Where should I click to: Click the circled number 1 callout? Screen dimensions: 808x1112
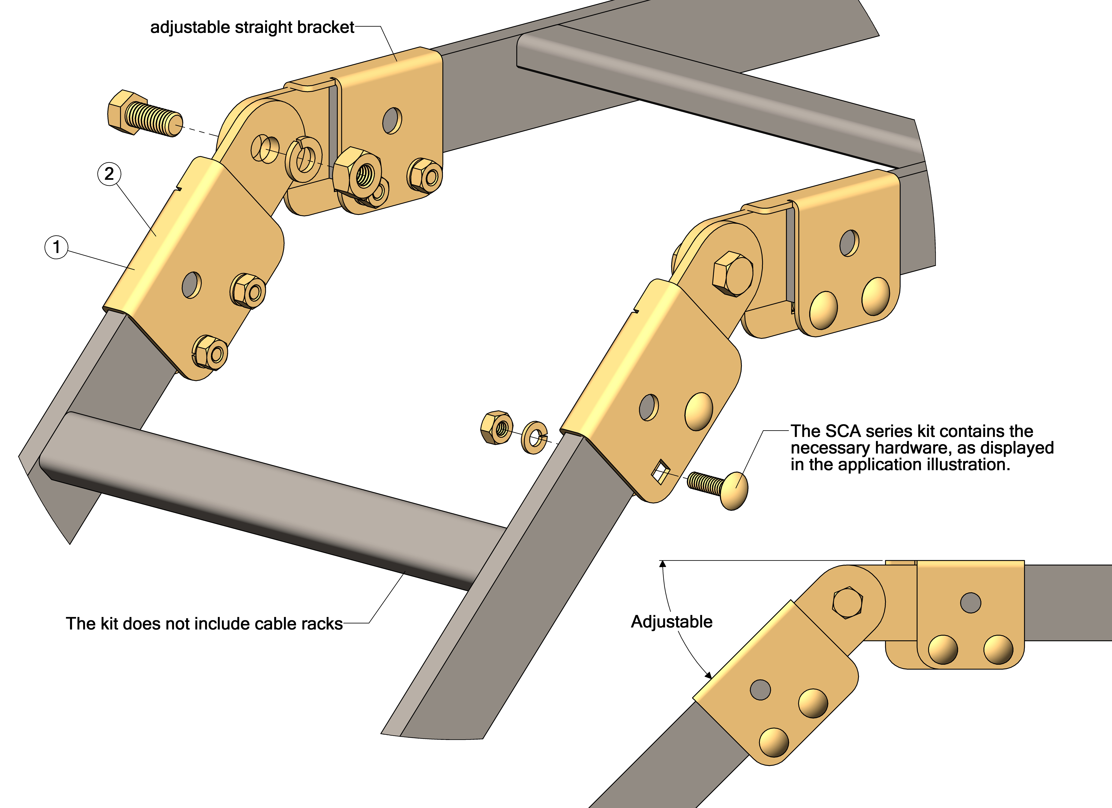click(x=56, y=247)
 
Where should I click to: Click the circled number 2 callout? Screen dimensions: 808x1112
click(x=109, y=174)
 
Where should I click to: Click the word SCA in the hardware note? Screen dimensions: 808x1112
click(x=843, y=431)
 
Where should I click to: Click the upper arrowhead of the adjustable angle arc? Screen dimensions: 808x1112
click(x=663, y=564)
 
